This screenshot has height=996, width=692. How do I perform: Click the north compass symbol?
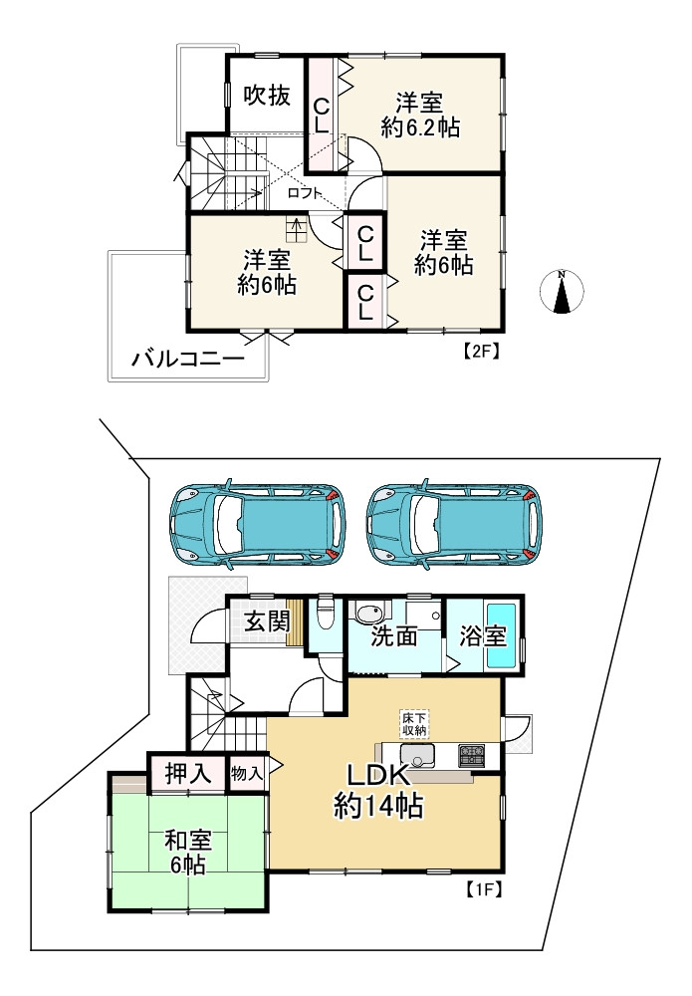tap(562, 292)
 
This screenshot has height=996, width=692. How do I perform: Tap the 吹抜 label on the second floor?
tap(267, 96)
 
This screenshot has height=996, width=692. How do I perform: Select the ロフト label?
tap(306, 193)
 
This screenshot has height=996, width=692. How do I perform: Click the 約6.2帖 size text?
tap(420, 127)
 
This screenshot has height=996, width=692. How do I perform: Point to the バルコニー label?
tap(188, 361)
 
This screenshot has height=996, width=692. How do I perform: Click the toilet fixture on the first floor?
tap(326, 613)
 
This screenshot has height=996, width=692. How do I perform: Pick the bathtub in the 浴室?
tap(502, 635)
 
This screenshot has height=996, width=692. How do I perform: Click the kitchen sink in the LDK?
tap(418, 757)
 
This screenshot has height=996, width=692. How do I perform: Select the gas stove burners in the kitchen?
tap(471, 755)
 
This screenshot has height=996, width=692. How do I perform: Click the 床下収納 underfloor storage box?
tap(414, 725)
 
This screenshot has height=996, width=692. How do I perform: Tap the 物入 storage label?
tap(246, 774)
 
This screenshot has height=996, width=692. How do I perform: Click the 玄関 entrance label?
tap(268, 622)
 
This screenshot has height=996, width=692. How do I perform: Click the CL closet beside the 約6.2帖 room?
tap(322, 115)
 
